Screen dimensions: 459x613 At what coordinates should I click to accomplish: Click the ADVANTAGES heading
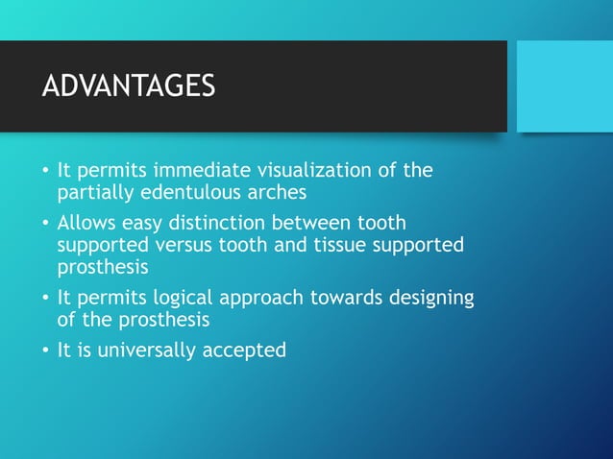(129, 85)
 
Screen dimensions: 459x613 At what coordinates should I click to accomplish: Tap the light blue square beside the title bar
(564, 86)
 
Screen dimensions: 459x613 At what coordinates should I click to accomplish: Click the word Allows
(86, 224)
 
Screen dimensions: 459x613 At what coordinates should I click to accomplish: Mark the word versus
(174, 245)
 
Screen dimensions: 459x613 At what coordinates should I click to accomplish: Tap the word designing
(431, 298)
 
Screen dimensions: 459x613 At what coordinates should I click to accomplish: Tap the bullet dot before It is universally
(45, 350)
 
